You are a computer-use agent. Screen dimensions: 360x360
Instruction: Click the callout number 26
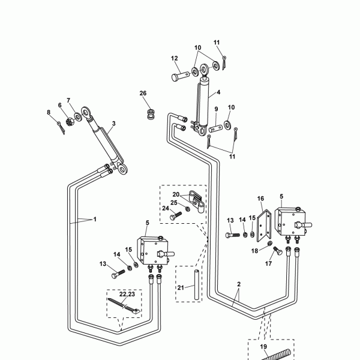143,93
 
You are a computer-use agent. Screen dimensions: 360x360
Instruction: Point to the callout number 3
113,124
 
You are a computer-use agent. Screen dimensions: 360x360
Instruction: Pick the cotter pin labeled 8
61,125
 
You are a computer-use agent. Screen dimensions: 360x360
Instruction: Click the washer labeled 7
79,115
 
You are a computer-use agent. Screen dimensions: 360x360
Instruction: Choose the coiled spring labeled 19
277,353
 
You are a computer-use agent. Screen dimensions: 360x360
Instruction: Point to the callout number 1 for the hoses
94,220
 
